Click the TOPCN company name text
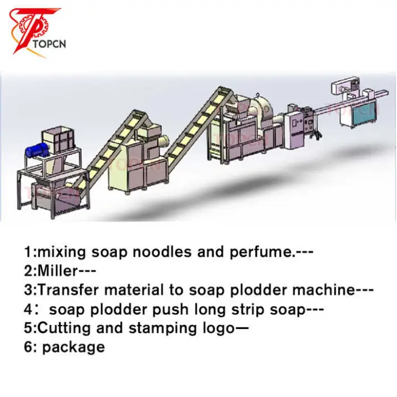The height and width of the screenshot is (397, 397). tap(49, 44)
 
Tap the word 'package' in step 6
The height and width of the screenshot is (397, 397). tap(73, 348)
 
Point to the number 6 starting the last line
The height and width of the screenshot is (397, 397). tap(28, 347)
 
